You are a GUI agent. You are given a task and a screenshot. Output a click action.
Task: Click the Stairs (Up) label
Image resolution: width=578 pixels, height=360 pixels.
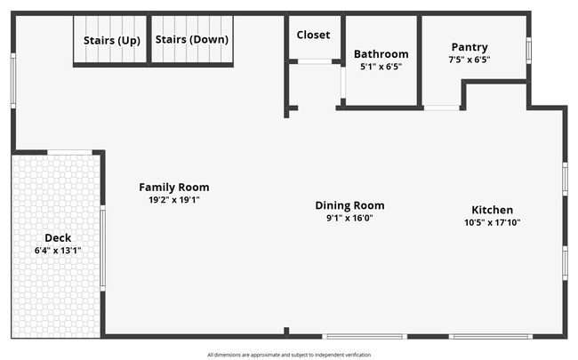111,40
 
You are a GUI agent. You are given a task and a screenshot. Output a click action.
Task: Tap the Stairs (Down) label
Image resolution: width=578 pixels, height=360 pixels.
191,40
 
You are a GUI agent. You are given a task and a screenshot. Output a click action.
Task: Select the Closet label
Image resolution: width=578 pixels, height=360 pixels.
313,35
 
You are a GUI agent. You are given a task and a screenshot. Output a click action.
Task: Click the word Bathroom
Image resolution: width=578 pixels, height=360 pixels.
381,54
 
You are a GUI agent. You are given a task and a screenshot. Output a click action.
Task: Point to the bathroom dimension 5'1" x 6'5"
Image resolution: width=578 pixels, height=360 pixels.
381,67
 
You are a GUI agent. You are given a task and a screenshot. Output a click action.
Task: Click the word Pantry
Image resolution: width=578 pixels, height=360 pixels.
469,47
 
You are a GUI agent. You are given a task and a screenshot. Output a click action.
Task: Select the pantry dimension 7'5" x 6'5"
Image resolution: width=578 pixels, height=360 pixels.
469,60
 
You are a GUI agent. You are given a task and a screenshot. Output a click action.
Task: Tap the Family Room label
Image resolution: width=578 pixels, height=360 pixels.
173,187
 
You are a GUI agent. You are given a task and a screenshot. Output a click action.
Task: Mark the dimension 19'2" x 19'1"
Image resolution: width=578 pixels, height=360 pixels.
173,200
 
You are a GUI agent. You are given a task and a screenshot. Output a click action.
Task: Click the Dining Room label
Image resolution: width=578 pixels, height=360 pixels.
349,205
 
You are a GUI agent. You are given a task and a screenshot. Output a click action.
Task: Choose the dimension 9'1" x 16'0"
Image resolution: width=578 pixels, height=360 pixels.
349,218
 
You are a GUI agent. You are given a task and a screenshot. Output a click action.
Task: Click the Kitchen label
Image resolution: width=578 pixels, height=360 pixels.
492,210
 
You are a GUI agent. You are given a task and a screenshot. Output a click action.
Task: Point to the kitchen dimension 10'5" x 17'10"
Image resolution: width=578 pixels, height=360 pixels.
492,222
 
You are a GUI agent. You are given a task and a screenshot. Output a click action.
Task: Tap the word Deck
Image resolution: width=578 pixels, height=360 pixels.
58,237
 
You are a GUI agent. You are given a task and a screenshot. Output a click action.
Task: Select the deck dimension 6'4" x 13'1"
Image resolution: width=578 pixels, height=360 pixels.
58,251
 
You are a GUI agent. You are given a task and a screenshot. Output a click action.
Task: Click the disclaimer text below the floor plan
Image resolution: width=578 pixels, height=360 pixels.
289,355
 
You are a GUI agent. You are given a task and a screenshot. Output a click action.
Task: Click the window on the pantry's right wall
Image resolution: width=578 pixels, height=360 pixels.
528,49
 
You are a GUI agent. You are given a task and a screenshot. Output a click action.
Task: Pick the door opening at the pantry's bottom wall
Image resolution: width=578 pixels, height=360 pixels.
441,108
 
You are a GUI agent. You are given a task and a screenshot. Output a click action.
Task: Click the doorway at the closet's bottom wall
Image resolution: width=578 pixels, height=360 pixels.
314,61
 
